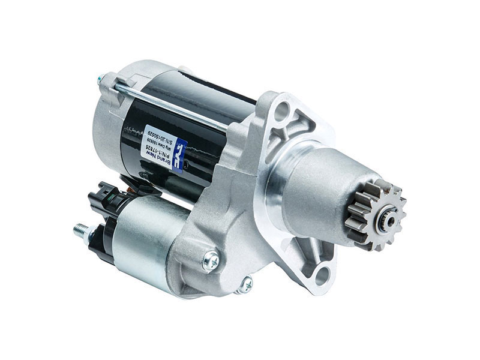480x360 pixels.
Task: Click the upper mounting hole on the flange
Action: [284, 110]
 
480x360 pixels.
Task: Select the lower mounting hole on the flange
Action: [322, 275]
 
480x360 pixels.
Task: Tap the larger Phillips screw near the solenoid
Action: [211, 259]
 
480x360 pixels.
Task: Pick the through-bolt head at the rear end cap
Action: [103, 79]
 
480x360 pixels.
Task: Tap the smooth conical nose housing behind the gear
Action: [318, 186]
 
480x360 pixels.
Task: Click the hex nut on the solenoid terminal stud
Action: [91, 233]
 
